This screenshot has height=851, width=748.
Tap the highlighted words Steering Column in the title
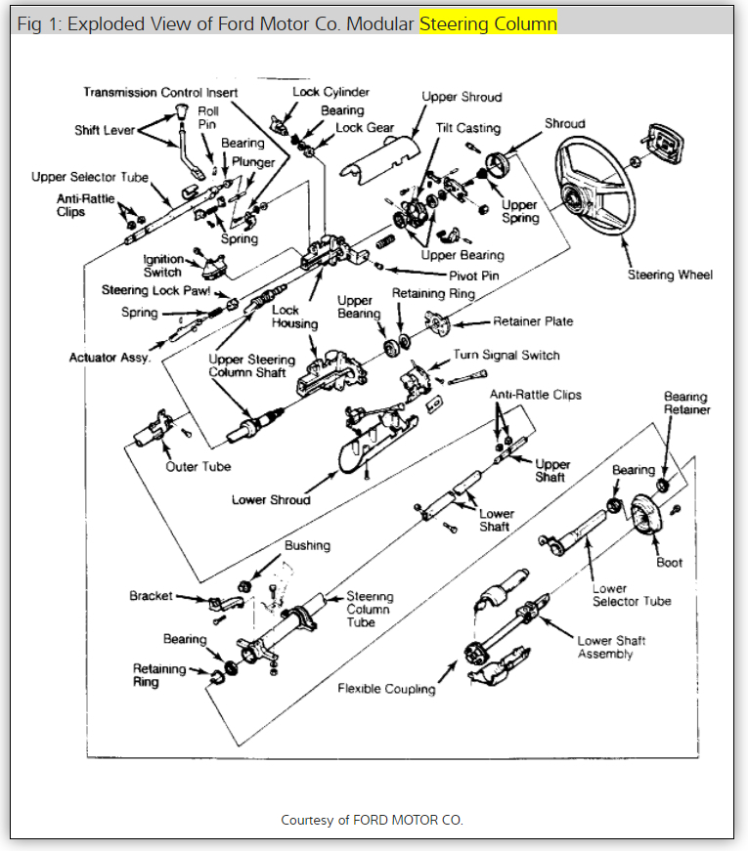(488, 23)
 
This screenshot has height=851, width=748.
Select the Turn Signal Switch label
(506, 356)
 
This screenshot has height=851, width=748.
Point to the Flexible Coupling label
(386, 689)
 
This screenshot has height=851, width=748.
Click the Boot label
(669, 563)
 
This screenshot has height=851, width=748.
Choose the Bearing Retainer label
(687, 404)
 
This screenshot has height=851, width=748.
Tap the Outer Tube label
(198, 467)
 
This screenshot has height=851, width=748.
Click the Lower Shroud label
(271, 500)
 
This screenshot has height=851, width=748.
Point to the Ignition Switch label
(162, 266)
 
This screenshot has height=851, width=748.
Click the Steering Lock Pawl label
(155, 290)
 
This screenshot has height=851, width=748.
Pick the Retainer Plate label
(533, 320)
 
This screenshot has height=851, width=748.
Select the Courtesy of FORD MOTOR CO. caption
(372, 820)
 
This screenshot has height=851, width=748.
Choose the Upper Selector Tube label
(90, 178)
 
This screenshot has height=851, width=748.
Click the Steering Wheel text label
(670, 275)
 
